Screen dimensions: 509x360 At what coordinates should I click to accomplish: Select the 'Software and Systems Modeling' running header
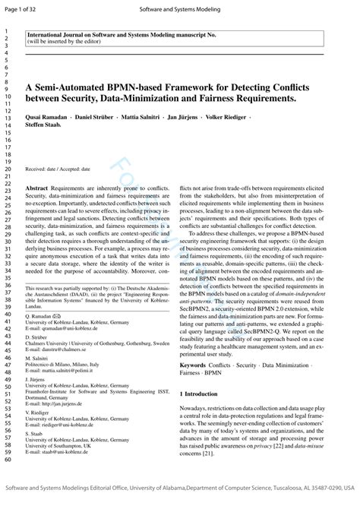click(180, 9)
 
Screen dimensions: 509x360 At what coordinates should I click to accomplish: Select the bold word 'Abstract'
click(38, 187)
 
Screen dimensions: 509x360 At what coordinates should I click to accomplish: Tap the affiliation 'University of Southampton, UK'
click(61, 446)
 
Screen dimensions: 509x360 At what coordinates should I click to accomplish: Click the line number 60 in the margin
click(7, 459)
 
